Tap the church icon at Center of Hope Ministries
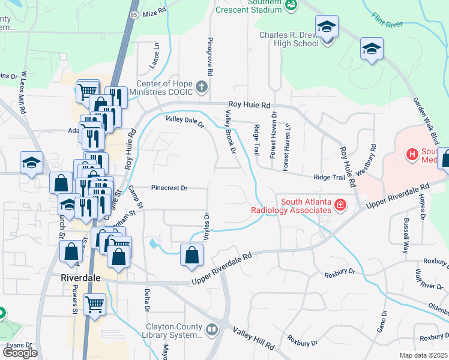[202, 88]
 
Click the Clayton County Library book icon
[211, 329]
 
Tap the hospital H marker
[412, 155]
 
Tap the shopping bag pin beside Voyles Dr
[191, 254]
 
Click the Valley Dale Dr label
[185, 122]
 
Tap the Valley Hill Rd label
[253, 340]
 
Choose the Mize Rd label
[154, 11]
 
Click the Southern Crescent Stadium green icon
[291, 5]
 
